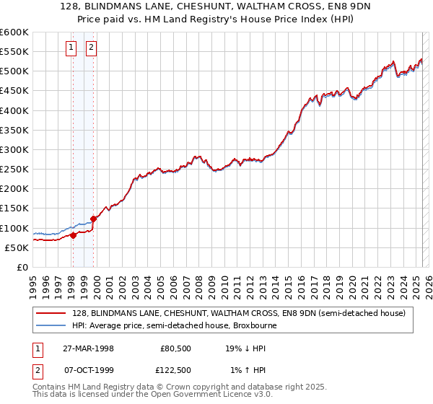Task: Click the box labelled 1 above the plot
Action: tap(72, 48)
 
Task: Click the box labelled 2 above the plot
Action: tap(92, 48)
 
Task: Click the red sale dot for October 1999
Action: tap(93, 219)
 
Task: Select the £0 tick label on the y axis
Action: tap(22, 267)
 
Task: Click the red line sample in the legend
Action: tap(51, 313)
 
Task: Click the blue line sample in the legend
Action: tap(51, 325)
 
